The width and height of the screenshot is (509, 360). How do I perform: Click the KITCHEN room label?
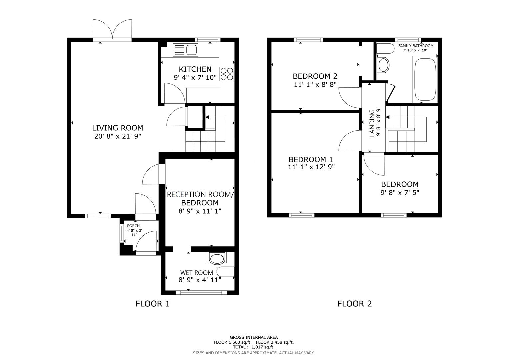[x=195, y=69]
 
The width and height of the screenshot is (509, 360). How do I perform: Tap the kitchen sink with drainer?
[x=185, y=50]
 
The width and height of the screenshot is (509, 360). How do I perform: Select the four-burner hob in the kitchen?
[x=227, y=74]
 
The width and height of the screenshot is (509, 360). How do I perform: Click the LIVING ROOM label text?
[x=117, y=128]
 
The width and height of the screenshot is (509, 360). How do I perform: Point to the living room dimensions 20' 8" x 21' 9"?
[x=118, y=136]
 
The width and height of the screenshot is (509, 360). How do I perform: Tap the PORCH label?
[x=133, y=226]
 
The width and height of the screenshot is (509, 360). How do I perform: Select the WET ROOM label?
[x=196, y=272]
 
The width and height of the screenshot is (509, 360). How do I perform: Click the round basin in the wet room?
[x=217, y=259]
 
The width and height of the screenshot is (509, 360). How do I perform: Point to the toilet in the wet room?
[x=226, y=272]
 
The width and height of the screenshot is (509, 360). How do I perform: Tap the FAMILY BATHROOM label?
[x=416, y=46]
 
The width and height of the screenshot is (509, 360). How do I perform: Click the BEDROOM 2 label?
[x=315, y=76]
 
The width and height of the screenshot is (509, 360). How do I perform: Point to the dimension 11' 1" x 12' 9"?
[x=311, y=167]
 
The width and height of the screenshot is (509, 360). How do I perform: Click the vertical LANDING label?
[x=372, y=123]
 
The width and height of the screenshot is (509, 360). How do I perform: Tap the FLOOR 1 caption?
[x=152, y=304]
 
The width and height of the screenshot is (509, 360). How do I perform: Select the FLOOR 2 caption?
[x=354, y=304]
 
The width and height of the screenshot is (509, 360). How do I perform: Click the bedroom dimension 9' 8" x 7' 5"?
[x=400, y=192]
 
